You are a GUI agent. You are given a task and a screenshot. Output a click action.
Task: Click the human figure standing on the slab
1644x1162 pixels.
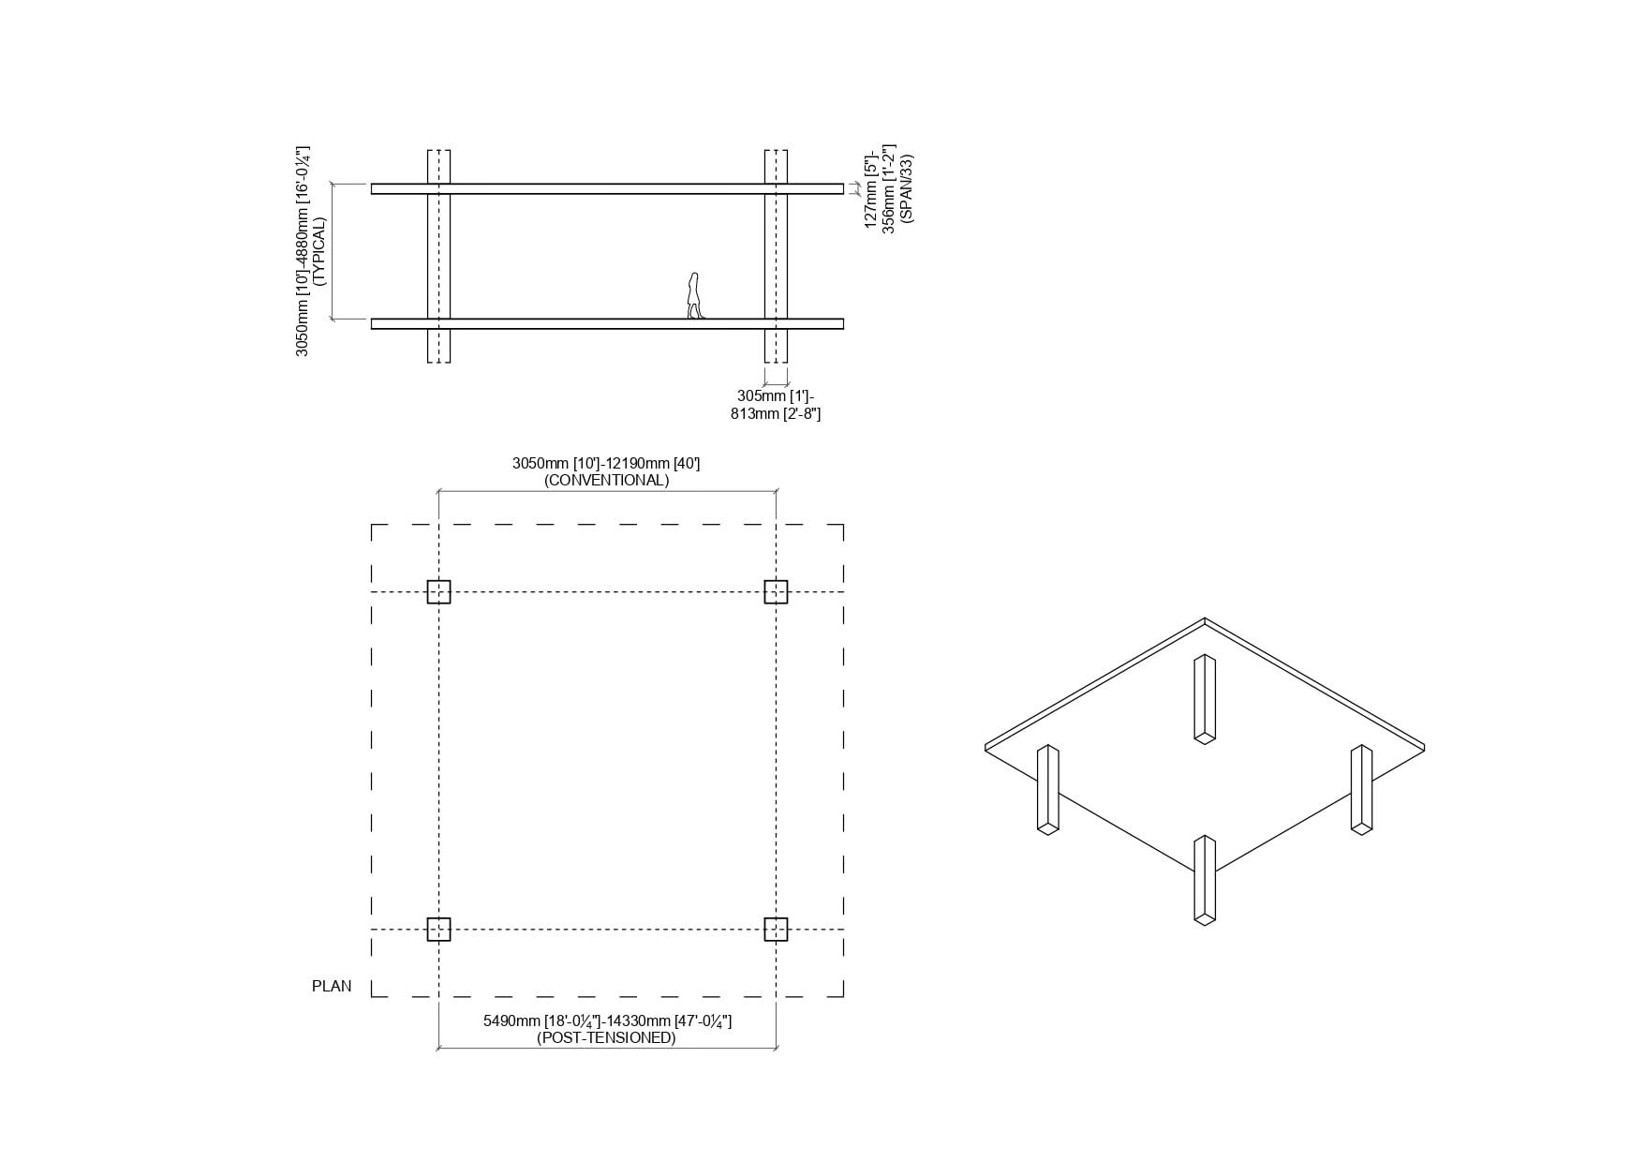point(694,296)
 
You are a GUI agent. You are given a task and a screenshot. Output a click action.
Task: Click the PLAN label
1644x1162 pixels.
point(332,986)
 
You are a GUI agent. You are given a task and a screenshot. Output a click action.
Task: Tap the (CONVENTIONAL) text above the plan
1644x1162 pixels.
point(606,480)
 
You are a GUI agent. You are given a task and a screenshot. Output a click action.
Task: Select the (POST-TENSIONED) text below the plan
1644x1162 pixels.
point(606,1037)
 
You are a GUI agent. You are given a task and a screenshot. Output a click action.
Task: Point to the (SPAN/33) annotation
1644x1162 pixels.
point(906,187)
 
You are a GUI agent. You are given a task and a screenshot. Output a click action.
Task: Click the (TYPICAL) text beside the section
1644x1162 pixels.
point(318,251)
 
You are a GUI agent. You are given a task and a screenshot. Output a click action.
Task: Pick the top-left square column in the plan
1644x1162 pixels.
point(438,591)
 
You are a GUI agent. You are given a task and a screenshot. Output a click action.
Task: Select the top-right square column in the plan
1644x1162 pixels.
point(776,591)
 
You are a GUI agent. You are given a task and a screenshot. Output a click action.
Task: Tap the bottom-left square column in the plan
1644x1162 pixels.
point(438,929)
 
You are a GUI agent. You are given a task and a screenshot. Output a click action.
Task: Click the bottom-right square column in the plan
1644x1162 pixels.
point(776,929)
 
